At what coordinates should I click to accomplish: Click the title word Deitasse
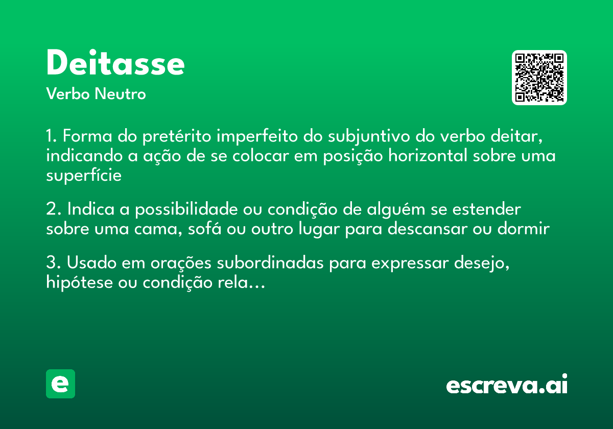(115, 64)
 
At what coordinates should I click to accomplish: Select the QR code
(539, 78)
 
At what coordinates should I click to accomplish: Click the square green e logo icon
(60, 384)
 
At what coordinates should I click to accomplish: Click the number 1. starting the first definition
(52, 137)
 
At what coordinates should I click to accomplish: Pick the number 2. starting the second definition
(53, 210)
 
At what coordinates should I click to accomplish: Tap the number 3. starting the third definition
(53, 264)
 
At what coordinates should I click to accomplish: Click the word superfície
(84, 176)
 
